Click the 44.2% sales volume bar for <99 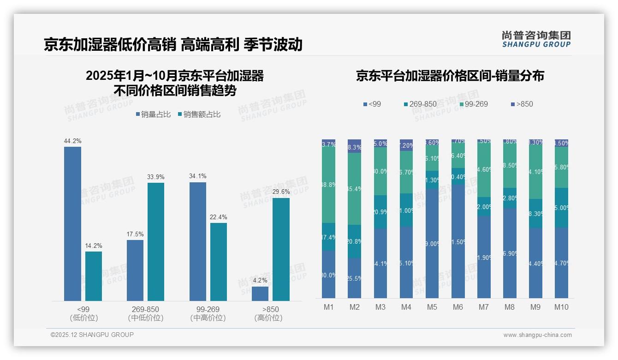click(72, 224)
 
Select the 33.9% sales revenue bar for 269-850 click(156, 242)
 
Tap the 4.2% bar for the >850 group click(260, 294)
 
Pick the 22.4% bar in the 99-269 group click(219, 262)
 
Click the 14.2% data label click(93, 246)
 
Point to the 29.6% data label click(281, 192)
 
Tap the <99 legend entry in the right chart click(372, 104)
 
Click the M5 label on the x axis click(432, 307)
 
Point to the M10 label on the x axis click(561, 307)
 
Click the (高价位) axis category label click(268, 318)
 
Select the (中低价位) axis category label click(146, 318)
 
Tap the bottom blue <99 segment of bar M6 click(458, 241)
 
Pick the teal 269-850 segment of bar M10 click(561, 208)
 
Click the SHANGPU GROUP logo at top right click(536, 39)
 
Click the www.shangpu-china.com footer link click(537, 335)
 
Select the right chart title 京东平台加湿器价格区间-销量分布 click(450, 76)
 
